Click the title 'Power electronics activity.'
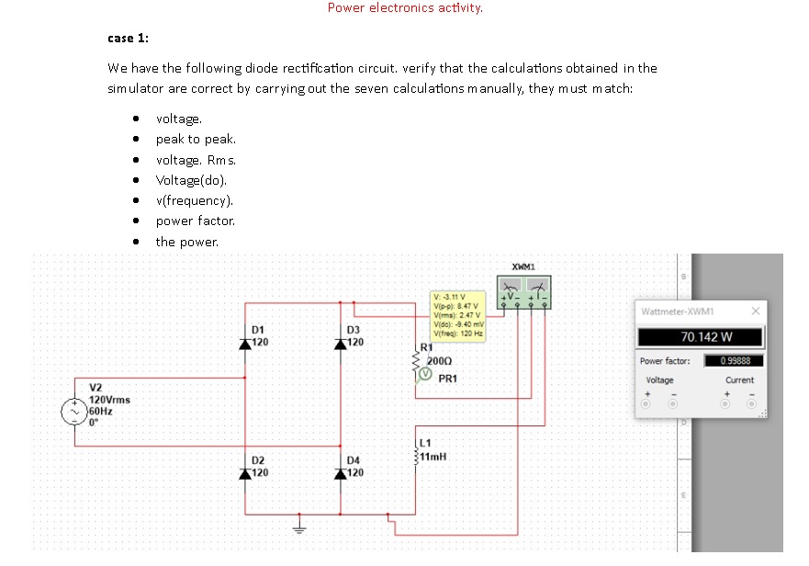coord(405,8)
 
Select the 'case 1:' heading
coord(129,38)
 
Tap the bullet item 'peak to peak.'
coord(196,139)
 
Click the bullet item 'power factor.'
coord(196,221)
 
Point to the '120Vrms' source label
coord(109,400)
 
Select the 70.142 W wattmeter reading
coord(706,336)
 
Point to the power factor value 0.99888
coord(735,361)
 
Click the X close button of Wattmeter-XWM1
coord(755,311)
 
